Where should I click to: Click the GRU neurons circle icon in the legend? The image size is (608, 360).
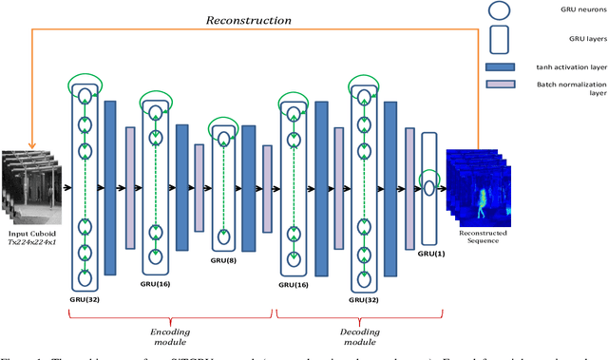coord(499,13)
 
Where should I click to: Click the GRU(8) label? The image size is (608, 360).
coord(225,257)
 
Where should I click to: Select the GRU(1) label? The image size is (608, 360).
coord(429,255)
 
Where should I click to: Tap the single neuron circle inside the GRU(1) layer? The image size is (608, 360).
coord(429,188)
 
